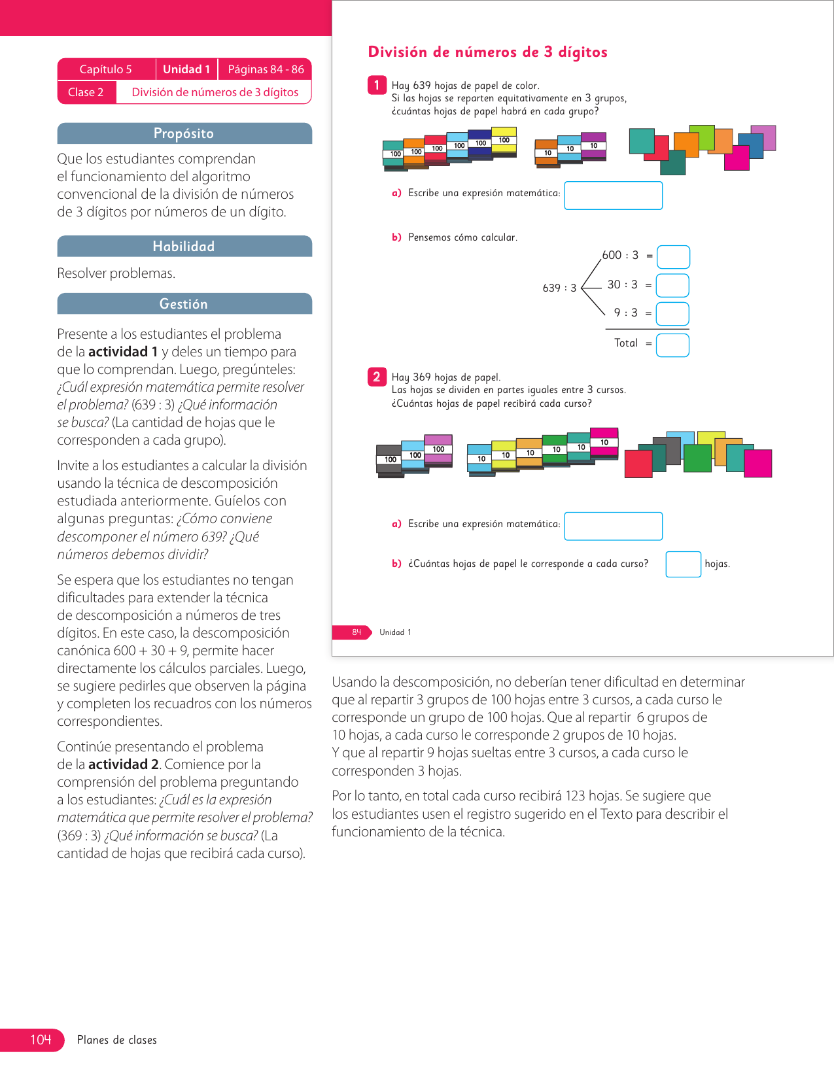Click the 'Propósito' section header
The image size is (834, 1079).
[184, 133]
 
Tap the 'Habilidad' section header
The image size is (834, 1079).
[184, 247]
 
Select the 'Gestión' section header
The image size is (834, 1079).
[184, 304]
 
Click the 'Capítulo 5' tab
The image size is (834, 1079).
[106, 69]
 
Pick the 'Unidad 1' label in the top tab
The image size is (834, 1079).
[186, 69]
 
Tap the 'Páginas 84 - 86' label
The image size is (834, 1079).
[266, 69]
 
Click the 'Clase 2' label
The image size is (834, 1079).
[86, 92]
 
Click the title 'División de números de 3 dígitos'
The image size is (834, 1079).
[488, 52]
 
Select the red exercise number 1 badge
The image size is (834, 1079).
[377, 85]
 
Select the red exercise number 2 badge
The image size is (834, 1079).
[377, 377]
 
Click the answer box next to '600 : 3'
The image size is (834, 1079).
[673, 257]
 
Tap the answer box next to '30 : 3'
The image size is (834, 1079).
[672, 286]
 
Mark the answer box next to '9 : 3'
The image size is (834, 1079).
[672, 314]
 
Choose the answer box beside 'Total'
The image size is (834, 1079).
[672, 345]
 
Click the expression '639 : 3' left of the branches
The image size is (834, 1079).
[559, 288]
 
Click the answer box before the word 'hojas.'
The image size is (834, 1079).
[683, 564]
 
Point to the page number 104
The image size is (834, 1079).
[41, 1040]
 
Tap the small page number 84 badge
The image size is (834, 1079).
[356, 632]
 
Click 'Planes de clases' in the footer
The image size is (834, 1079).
[117, 1040]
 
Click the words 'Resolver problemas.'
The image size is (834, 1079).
[116, 273]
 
